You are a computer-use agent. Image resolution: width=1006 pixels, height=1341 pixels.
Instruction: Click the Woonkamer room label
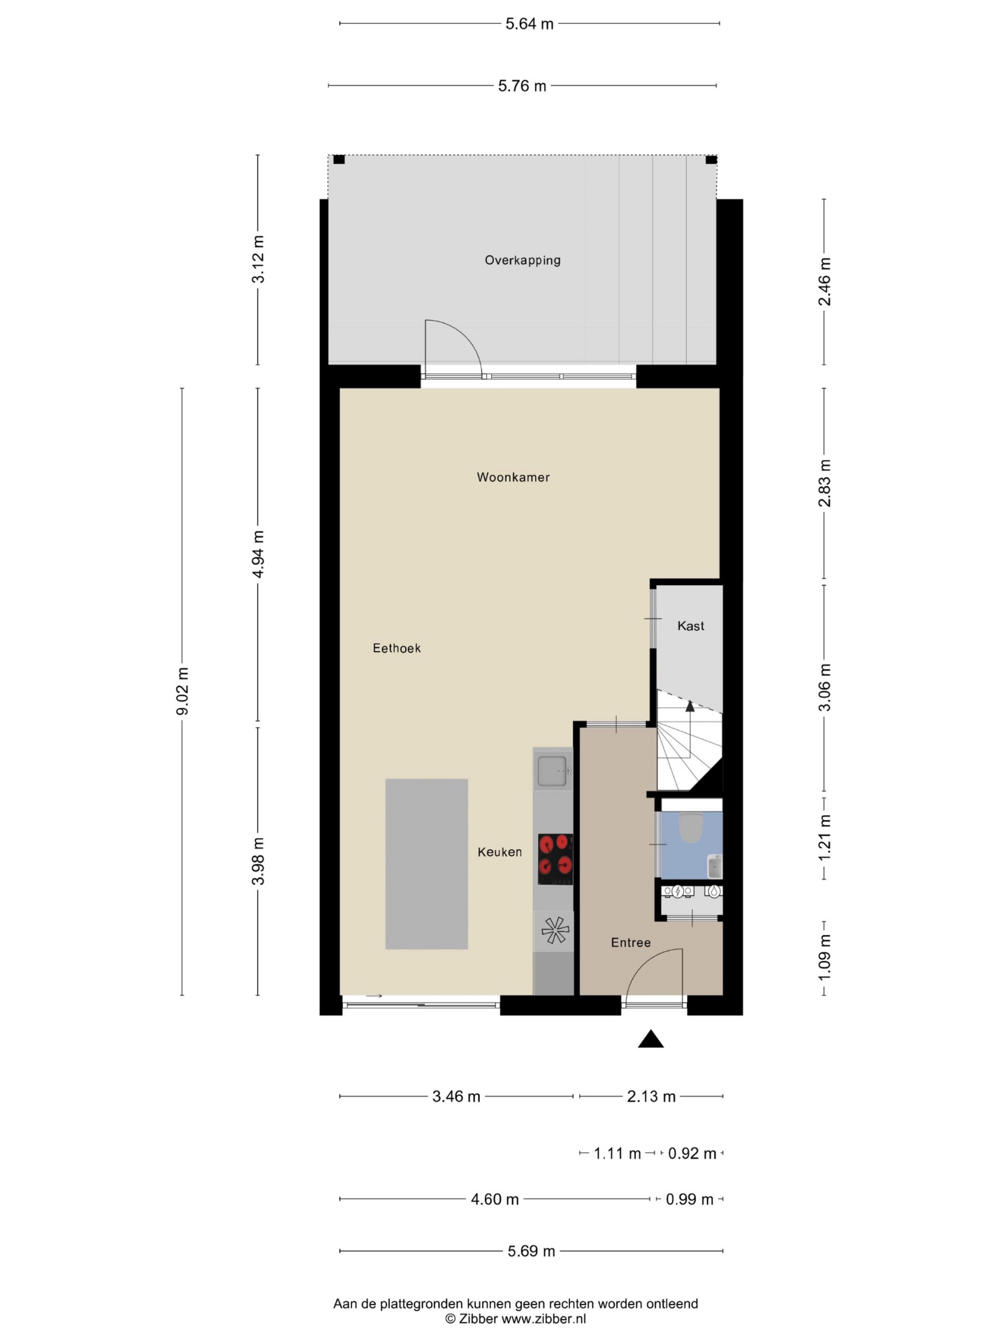coord(513,478)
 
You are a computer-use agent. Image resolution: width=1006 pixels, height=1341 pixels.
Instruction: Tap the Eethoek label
coord(397,648)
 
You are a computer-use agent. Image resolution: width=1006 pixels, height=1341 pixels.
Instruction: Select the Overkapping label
coord(523,261)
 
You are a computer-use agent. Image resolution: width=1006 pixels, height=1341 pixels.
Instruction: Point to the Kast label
coord(690,626)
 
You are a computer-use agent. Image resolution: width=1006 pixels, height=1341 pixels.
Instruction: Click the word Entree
coord(631,943)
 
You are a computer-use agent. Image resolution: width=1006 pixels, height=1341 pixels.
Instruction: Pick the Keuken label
coord(500,852)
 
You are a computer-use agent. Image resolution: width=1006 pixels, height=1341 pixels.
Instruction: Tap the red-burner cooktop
coord(555,860)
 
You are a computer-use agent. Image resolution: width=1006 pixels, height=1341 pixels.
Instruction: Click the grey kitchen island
coord(427,864)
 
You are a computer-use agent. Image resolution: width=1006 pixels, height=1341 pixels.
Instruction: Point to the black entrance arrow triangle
coord(650,1039)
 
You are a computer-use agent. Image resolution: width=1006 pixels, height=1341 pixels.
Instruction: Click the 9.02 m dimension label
coord(182,691)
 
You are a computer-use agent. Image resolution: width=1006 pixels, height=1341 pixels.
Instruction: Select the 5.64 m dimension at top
coord(530,24)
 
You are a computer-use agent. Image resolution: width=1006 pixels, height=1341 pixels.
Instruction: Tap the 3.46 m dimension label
coord(456,1097)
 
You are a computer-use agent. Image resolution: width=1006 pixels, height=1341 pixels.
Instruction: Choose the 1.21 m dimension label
coord(824,838)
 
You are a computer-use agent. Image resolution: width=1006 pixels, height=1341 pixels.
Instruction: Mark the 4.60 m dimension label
coord(495,1199)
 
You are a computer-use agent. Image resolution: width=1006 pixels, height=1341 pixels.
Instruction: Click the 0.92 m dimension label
coord(692,1153)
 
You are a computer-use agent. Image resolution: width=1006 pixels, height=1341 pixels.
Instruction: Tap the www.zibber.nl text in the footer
coord(544,1319)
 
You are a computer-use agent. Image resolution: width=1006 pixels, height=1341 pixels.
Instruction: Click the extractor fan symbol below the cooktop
coord(555,930)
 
